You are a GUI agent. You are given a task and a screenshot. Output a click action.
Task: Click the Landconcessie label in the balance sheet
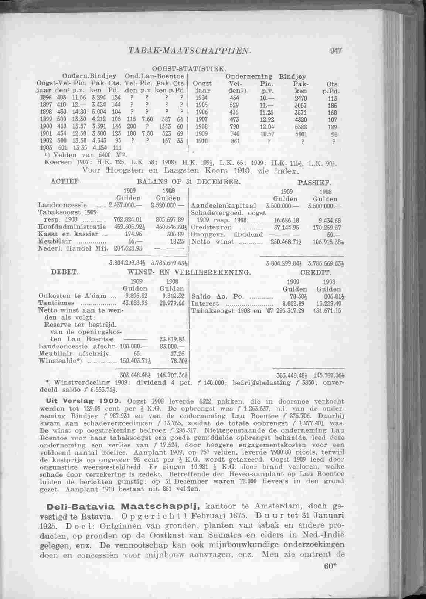pyautogui.click(x=62, y=205)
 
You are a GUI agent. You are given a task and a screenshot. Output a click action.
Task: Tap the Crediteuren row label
pyautogui.click(x=212, y=227)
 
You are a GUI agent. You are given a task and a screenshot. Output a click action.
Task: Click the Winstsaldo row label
pyautogui.click(x=60, y=361)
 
